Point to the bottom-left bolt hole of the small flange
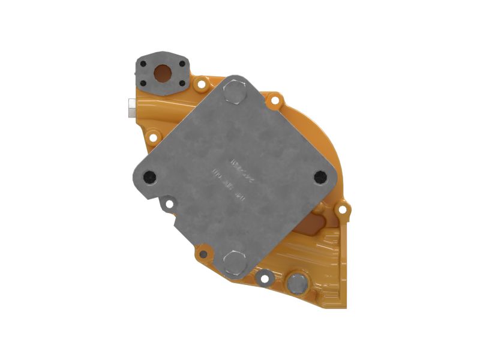tap(144, 84)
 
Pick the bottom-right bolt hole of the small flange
tap(181, 85)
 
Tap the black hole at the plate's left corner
tap(149, 176)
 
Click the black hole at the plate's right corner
tap(320, 176)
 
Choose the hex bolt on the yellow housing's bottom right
tap(296, 283)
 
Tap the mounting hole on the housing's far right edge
tap(342, 210)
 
